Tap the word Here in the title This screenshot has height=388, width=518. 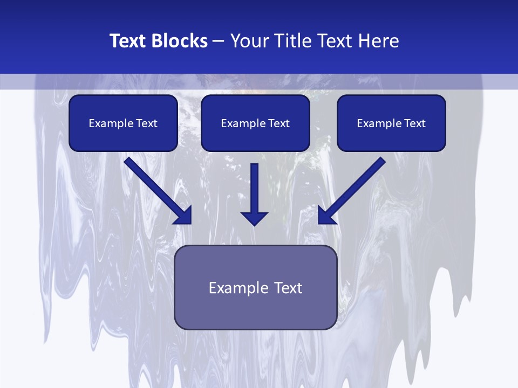point(377,41)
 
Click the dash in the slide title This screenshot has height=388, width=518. point(219,41)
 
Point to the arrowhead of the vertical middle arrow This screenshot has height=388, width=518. point(254,218)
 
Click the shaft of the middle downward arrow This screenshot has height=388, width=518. point(254,186)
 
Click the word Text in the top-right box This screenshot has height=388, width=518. point(415,123)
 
